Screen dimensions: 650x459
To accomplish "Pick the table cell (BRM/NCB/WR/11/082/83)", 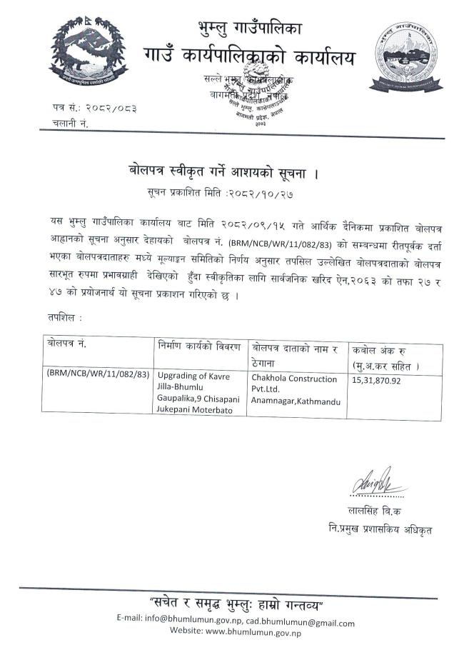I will (98, 374).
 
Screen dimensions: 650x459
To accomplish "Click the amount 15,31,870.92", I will (376, 381).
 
